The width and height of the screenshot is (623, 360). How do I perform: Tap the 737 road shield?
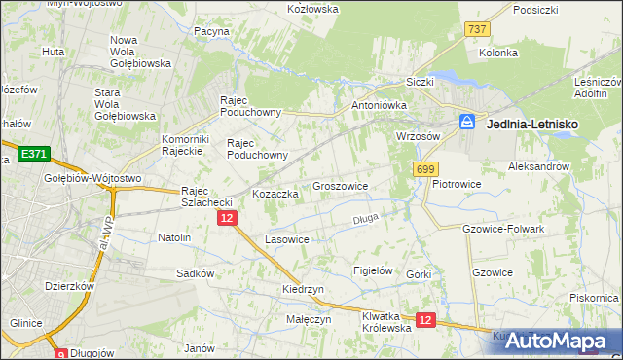pos(477,30)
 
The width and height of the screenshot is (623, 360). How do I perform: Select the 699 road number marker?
pos(424,169)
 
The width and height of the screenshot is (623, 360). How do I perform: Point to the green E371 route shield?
pos(32,154)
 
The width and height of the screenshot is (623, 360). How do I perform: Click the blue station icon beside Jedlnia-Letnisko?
pos(467,123)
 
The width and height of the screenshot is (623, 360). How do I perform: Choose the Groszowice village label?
pos(340,185)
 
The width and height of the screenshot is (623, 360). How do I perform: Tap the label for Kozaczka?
pos(275,194)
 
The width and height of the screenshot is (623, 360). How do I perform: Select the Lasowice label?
pos(287,238)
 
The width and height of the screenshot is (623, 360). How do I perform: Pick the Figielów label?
pos(372,270)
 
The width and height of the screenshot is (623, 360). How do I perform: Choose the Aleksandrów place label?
pos(538,166)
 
